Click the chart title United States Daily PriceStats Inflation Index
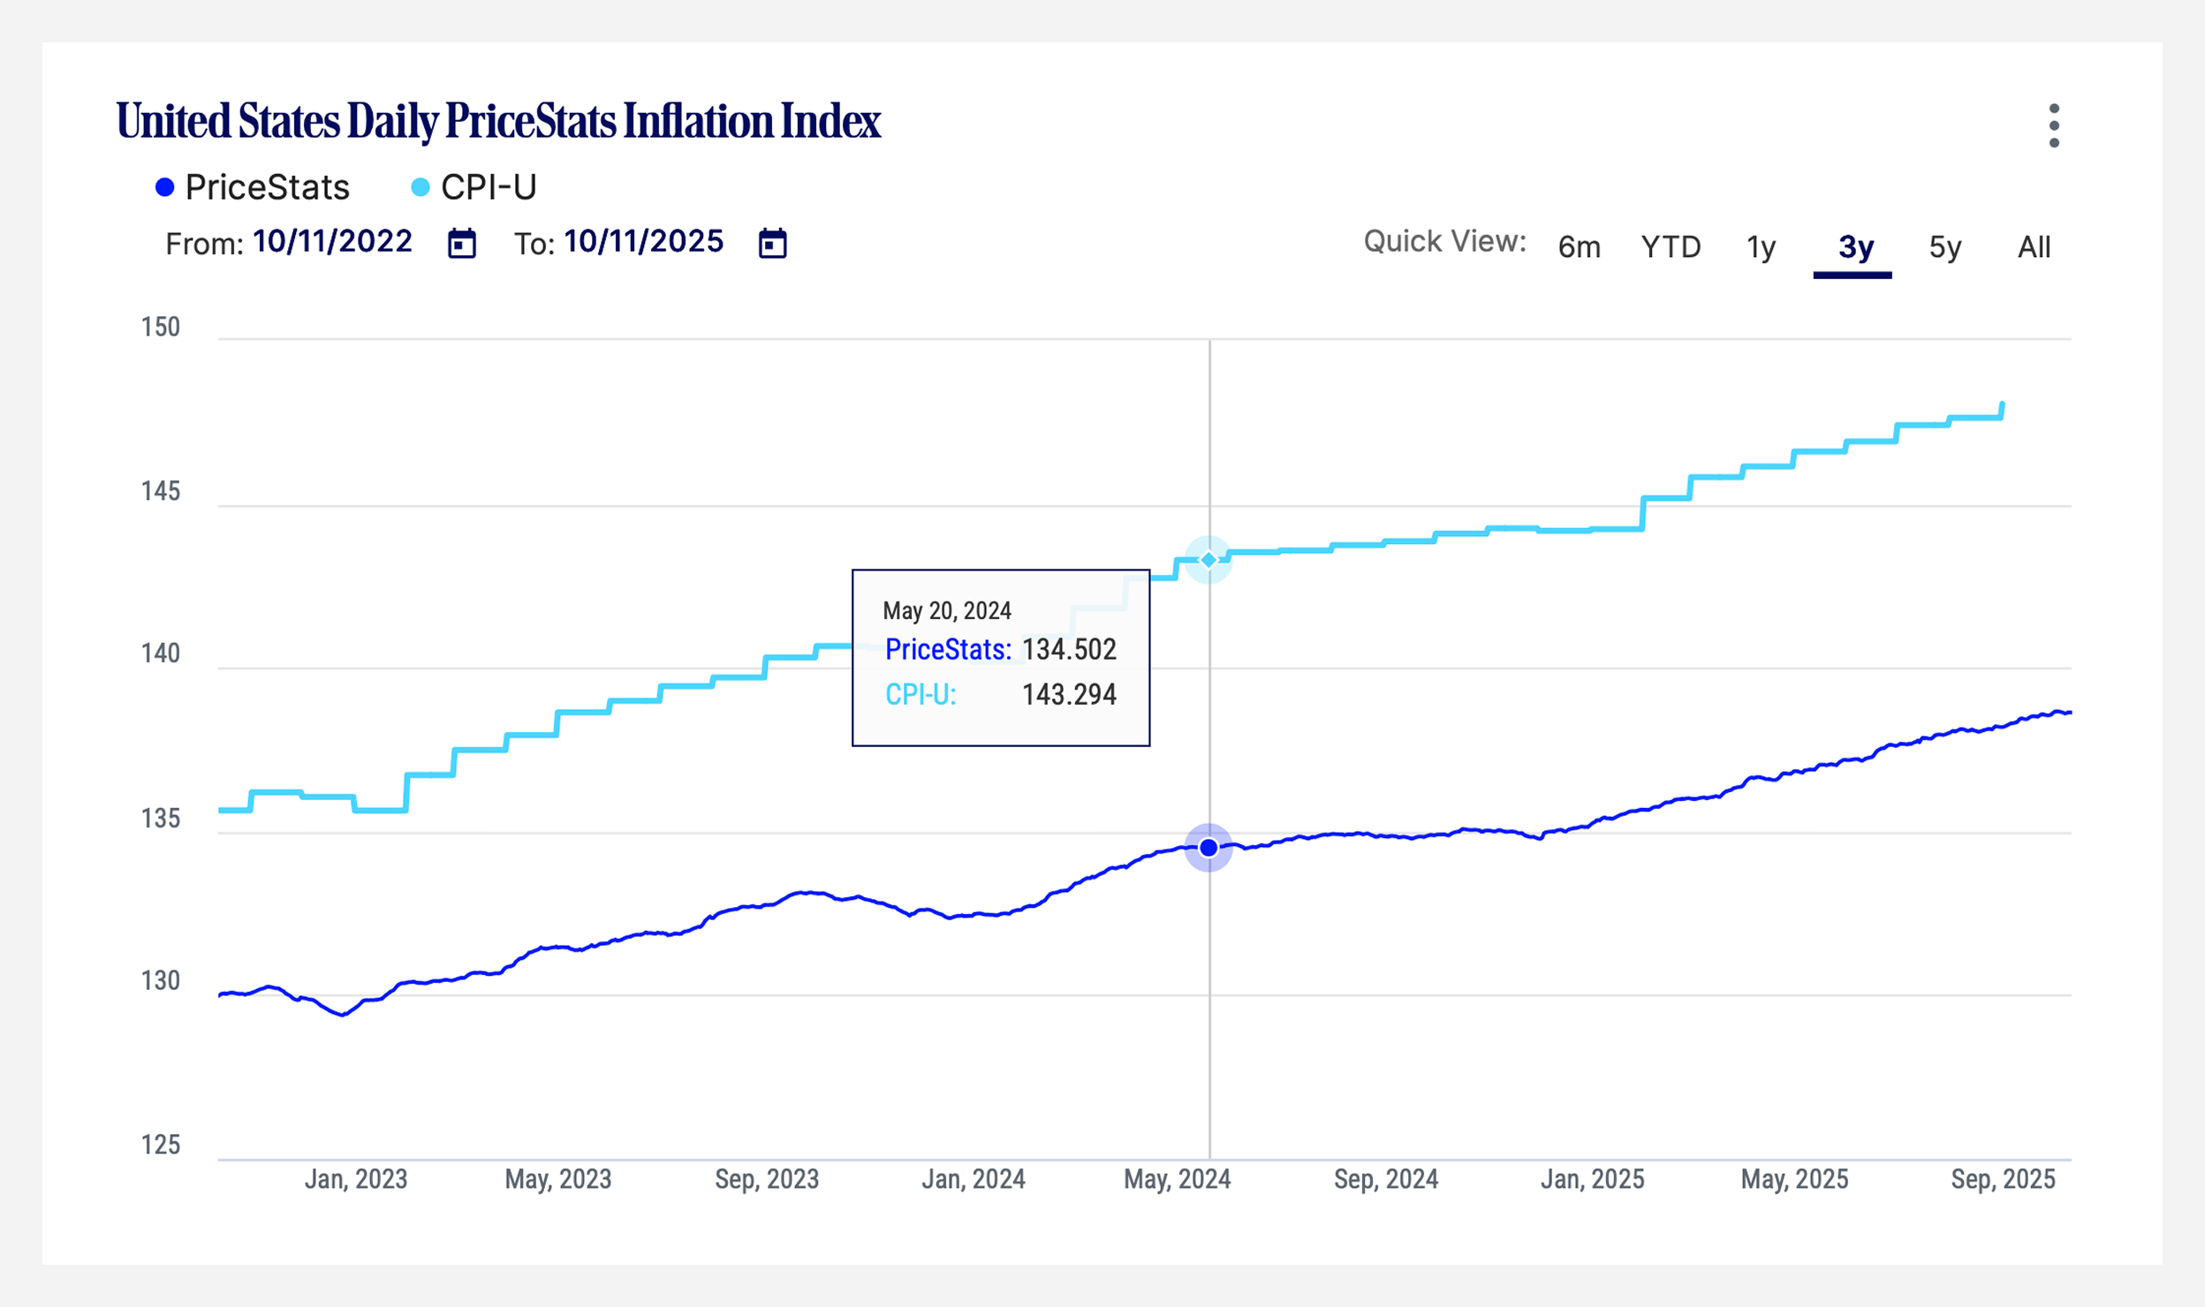pos(498,122)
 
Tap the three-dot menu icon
pos(2054,125)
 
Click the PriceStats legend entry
pos(253,187)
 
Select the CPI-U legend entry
pos(474,187)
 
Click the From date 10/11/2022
pos(332,241)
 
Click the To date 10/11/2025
pos(643,241)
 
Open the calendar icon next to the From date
pos(461,243)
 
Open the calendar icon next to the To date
pos(772,243)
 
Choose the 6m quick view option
pos(1579,247)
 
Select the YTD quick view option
pos(1671,247)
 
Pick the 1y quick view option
pos(1761,247)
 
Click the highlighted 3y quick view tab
pos(1855,247)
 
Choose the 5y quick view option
pos(1944,247)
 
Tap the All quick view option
pos(2034,247)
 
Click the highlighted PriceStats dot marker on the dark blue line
pos(1209,848)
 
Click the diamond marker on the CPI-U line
pos(1209,560)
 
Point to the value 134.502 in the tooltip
pos(1069,650)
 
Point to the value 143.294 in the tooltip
pos(1069,695)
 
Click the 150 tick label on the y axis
pos(161,328)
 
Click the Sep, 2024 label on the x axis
pos(1385,1179)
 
